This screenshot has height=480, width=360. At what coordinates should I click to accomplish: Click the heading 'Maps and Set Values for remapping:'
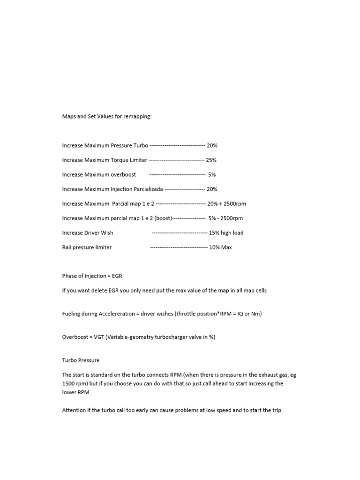pos(107,116)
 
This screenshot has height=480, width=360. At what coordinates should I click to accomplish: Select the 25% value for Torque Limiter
pos(211,160)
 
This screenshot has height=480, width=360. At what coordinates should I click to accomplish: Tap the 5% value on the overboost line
pos(212,174)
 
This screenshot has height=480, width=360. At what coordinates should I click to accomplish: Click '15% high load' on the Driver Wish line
pos(226,232)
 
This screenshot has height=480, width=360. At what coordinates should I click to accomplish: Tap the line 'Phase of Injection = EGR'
pos(92,276)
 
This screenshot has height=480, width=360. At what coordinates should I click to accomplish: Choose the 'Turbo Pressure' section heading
pos(81,360)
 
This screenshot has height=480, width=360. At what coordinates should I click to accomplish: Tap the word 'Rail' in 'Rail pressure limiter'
pos(67,247)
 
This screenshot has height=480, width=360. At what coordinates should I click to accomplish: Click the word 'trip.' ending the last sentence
pos(277,410)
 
